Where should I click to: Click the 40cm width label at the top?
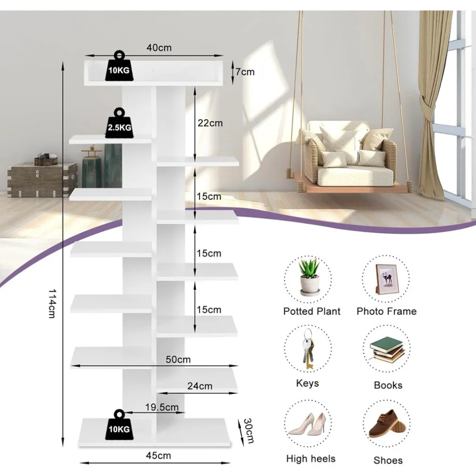(159, 48)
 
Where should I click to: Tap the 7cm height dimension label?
(245, 72)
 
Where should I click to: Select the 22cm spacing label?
(210, 123)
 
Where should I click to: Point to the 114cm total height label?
(52, 303)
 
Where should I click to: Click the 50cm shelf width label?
(178, 360)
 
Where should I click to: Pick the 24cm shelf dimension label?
(200, 386)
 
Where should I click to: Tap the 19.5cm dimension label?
(162, 407)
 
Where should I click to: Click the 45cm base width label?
(158, 456)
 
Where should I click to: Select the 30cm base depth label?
(248, 430)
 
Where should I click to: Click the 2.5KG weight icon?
(119, 124)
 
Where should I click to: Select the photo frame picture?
(386, 279)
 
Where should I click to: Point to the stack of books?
(387, 351)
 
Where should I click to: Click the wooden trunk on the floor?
(42, 179)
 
